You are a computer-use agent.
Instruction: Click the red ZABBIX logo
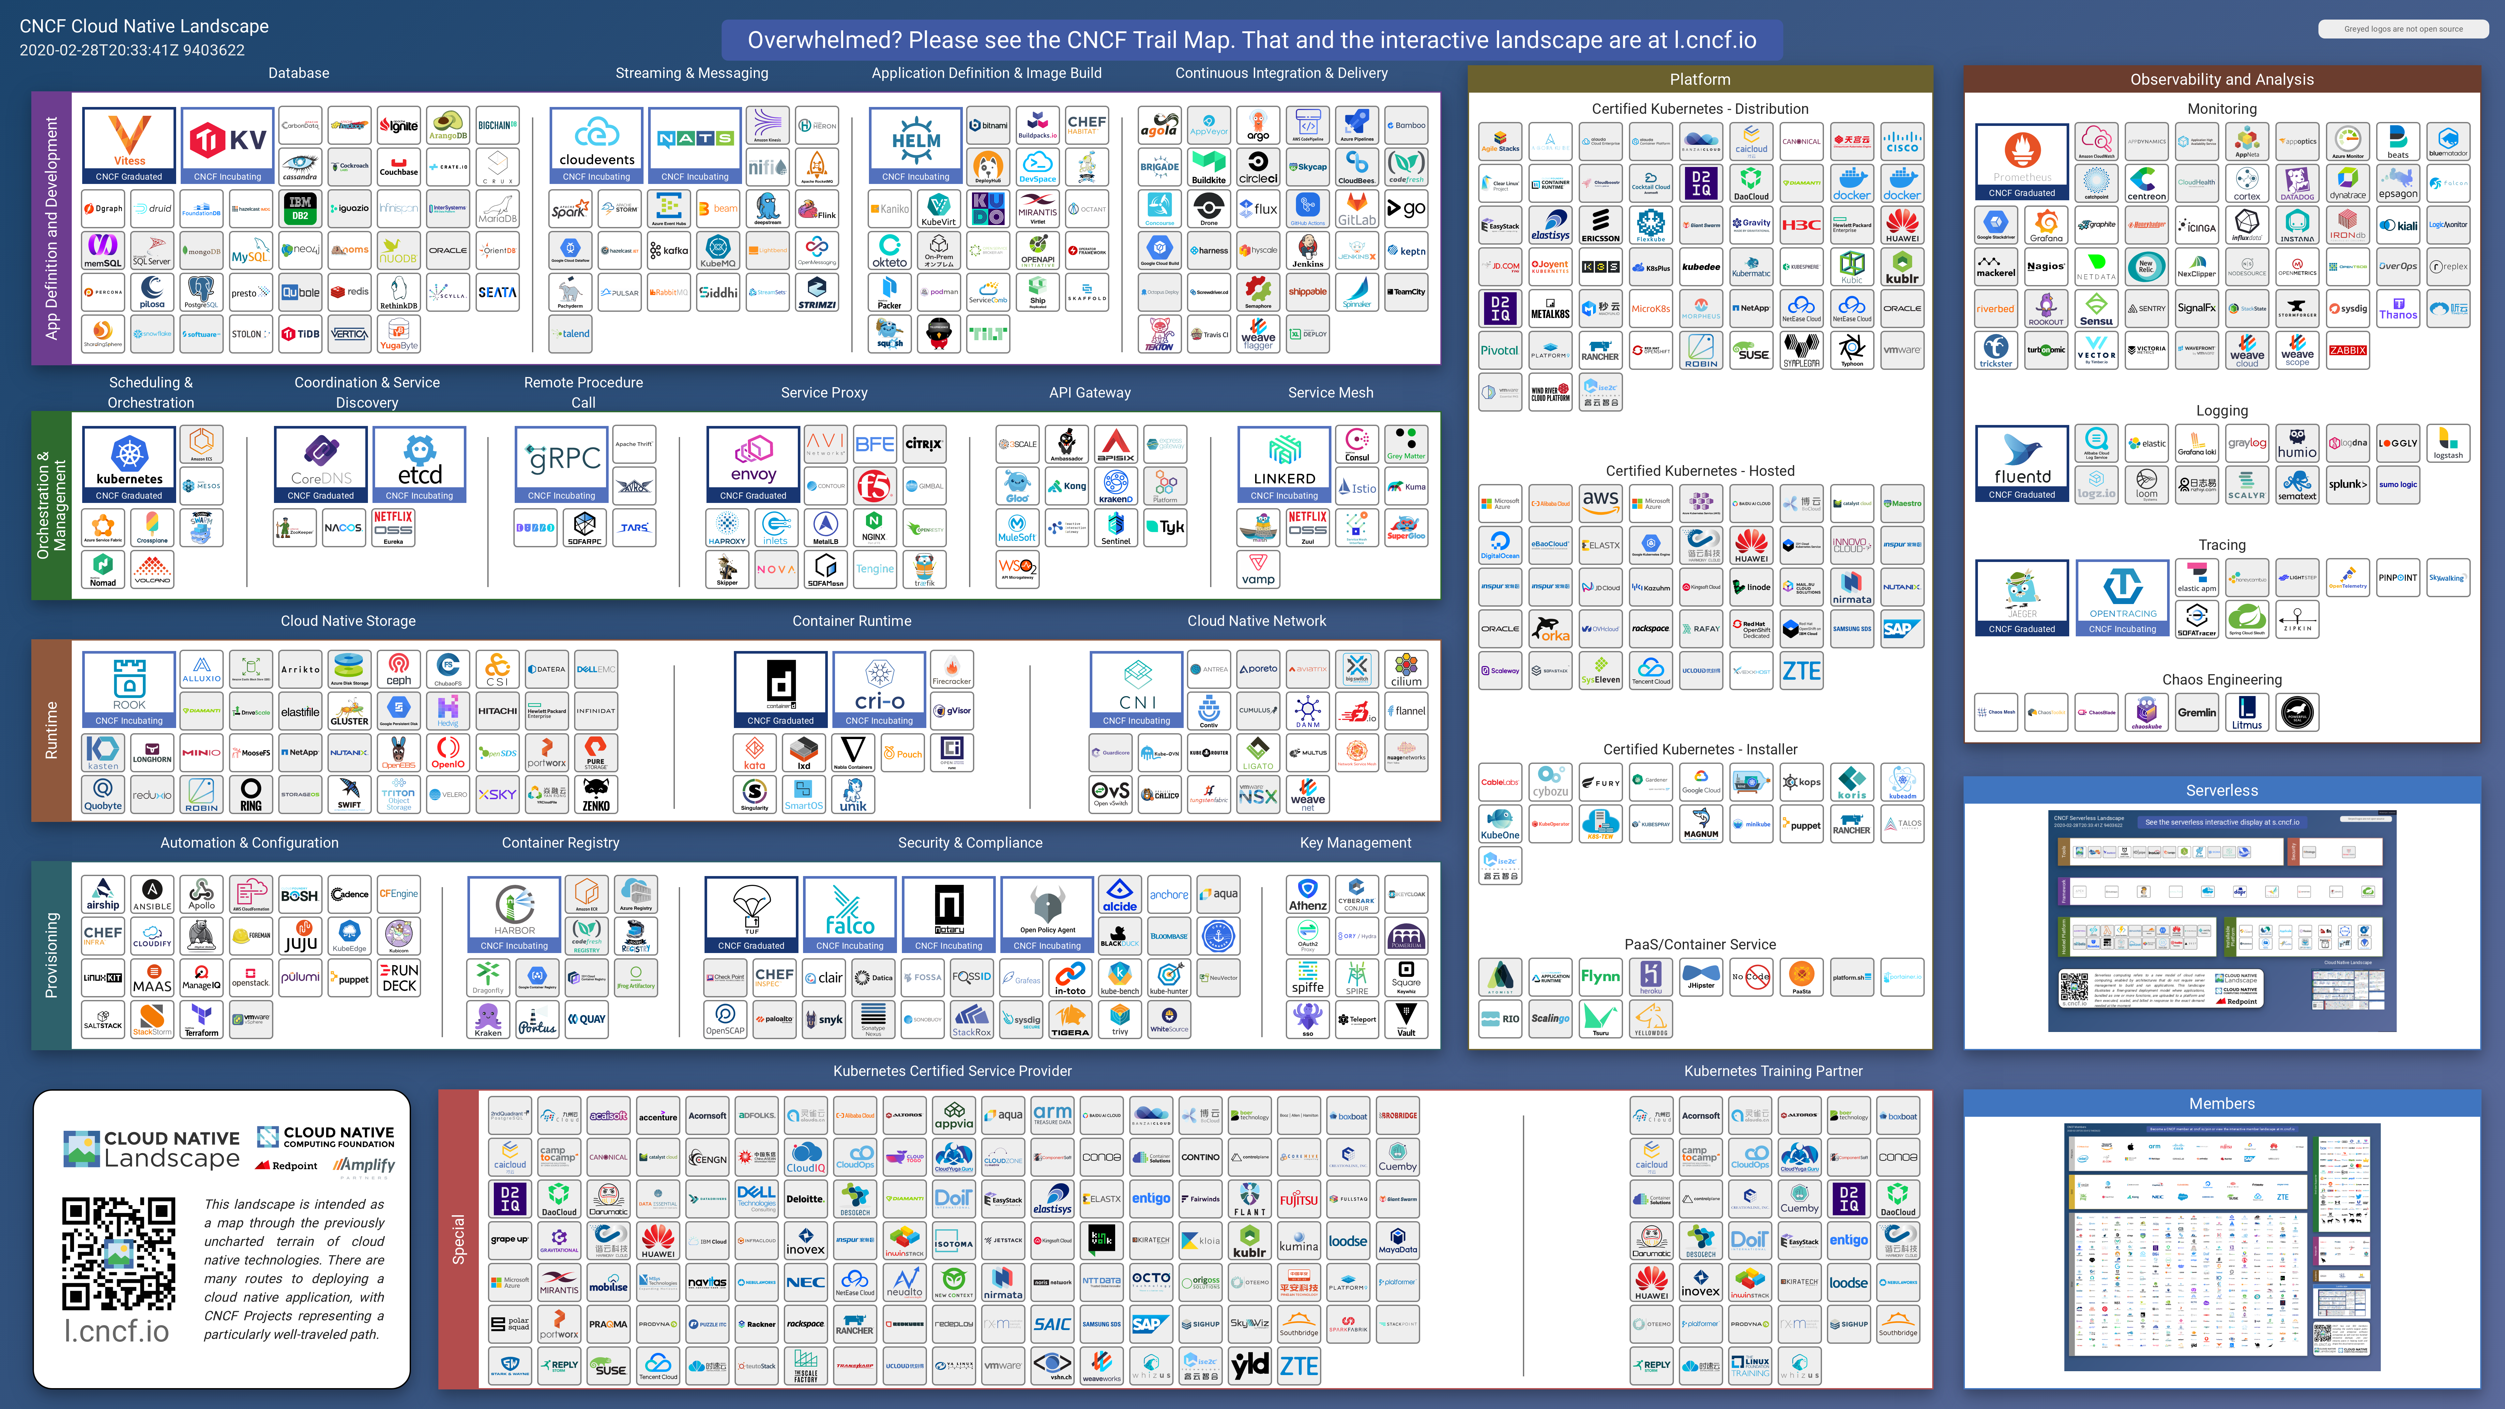point(2347,351)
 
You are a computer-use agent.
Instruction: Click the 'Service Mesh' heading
point(1330,393)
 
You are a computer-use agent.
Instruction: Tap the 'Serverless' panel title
point(2222,791)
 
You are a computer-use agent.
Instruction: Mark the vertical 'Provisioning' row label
point(52,955)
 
